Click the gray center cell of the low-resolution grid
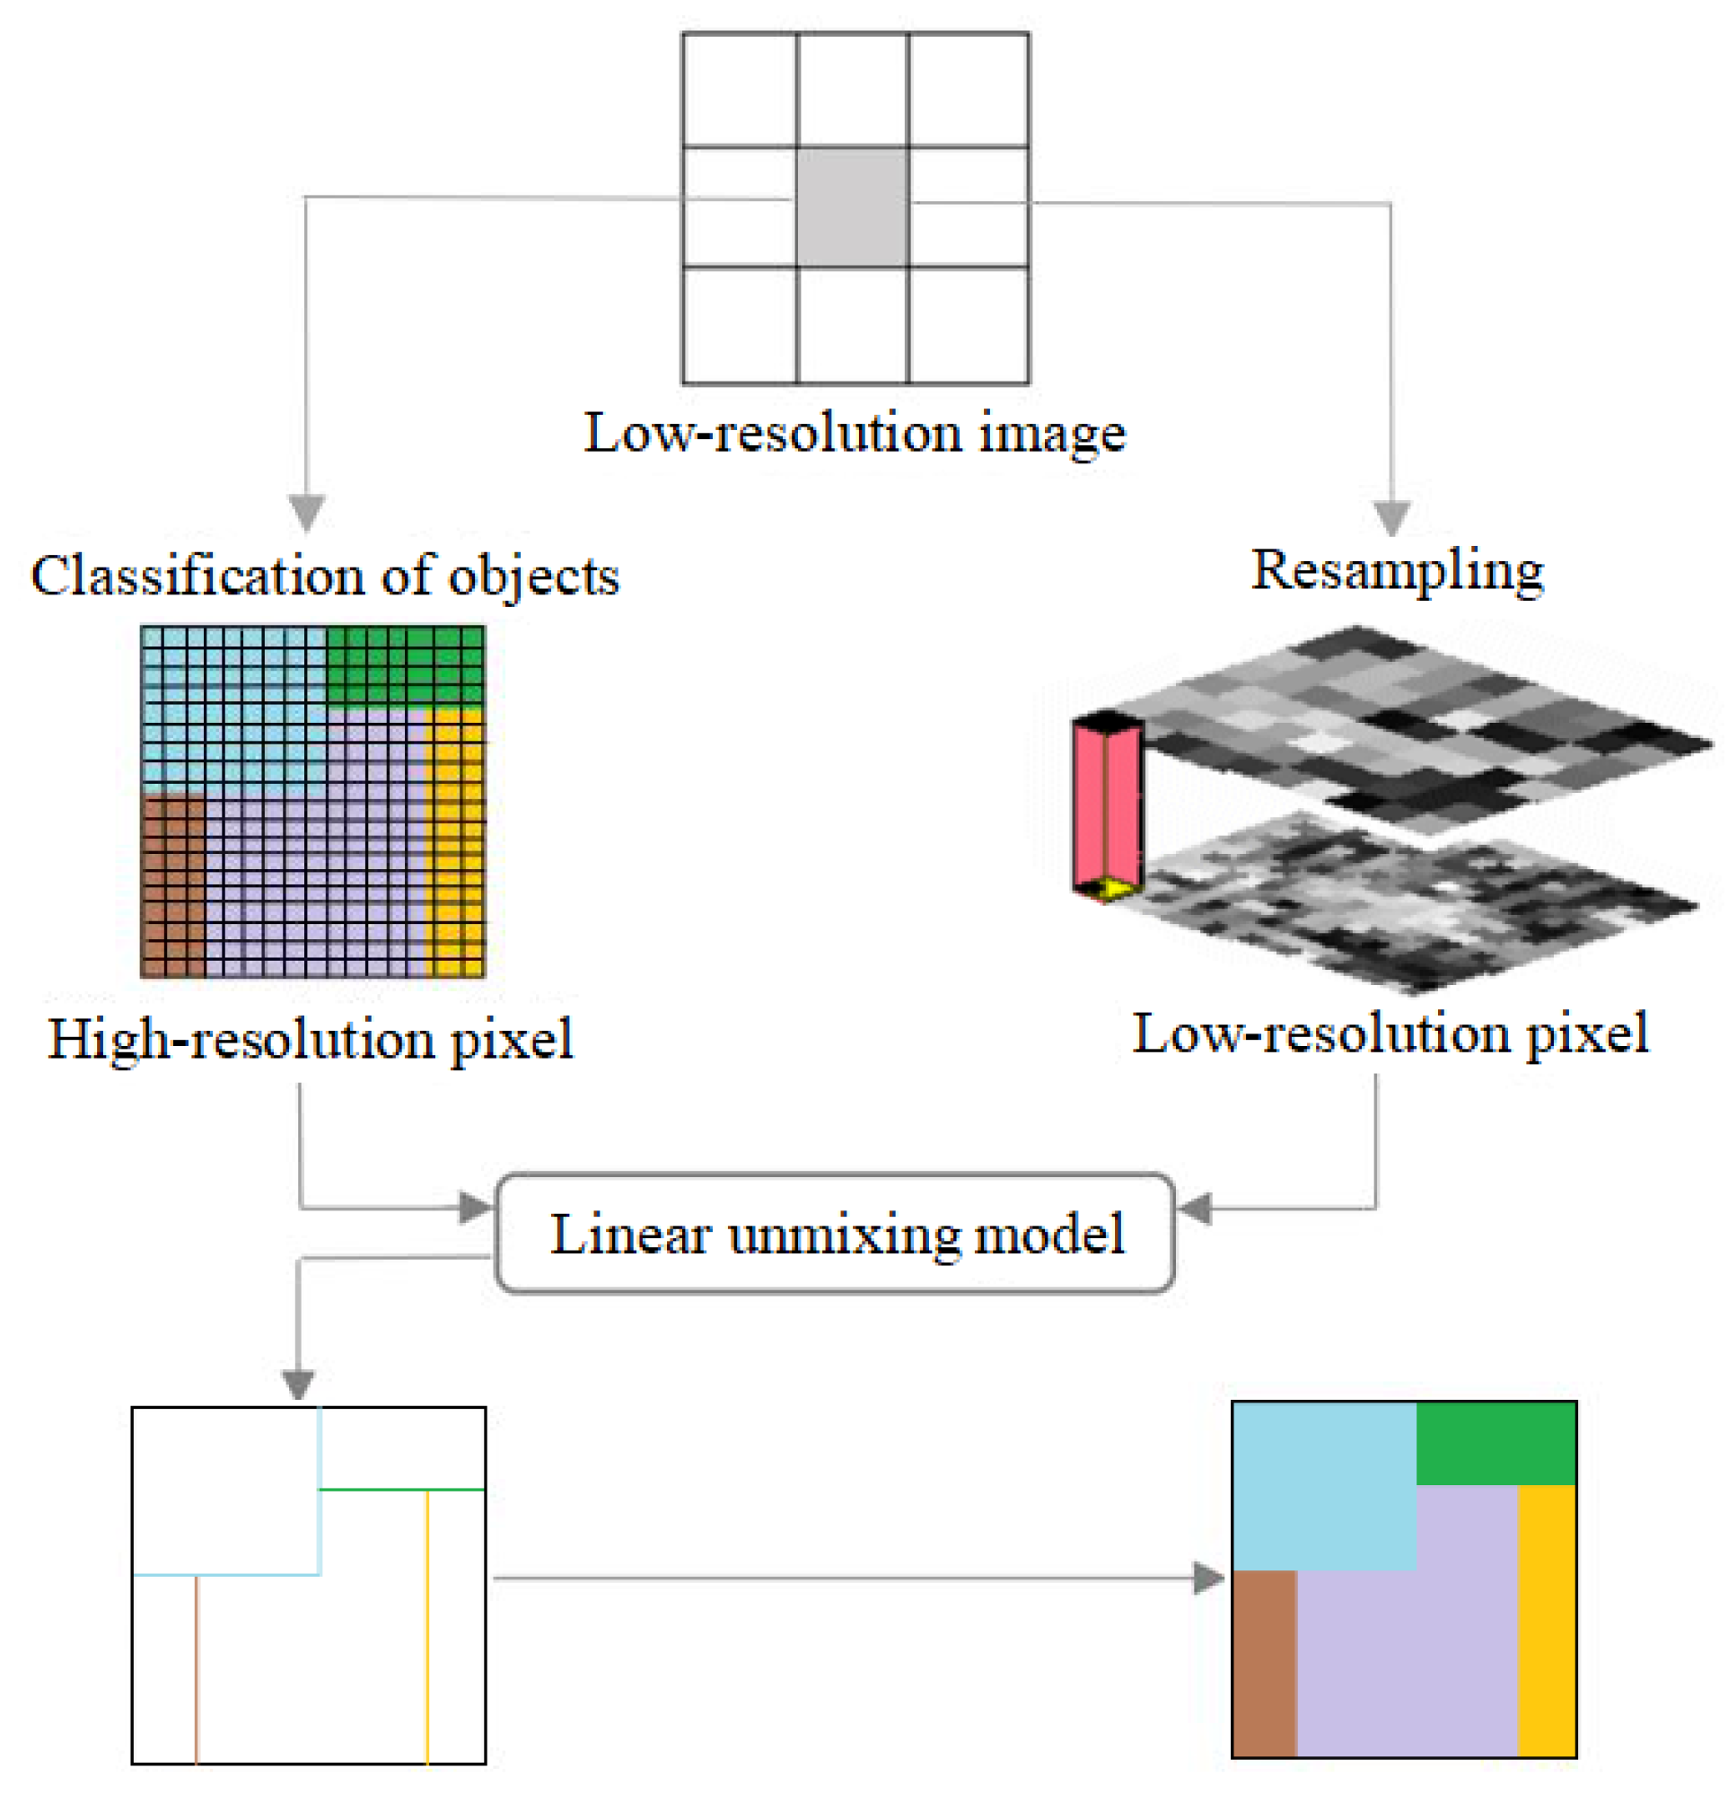pyautogui.click(x=851, y=207)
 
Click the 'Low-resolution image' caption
pyautogui.click(x=855, y=433)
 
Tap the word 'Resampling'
pyautogui.click(x=1396, y=570)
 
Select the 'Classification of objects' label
pyautogui.click(x=325, y=576)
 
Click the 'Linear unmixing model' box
pyautogui.click(x=834, y=1234)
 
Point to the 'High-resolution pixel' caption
pyautogui.click(x=310, y=1041)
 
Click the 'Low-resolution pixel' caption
pyautogui.click(x=1389, y=1034)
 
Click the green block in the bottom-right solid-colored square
pyautogui.click(x=1495, y=1443)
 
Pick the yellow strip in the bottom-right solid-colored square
pyautogui.click(x=1546, y=1619)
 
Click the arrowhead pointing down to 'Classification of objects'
pyautogui.click(x=306, y=512)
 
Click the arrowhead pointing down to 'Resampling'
pyautogui.click(x=1390, y=517)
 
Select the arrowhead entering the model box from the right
pyautogui.click(x=1195, y=1208)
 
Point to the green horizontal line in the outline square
pyautogui.click(x=401, y=1490)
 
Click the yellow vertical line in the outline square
pyautogui.click(x=426, y=1628)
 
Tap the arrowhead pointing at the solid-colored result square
pyautogui.click(x=1207, y=1579)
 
